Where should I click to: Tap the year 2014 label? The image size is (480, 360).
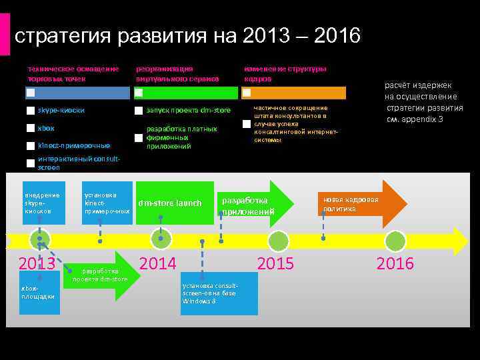(x=157, y=263)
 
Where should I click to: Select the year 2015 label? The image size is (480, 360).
(x=275, y=263)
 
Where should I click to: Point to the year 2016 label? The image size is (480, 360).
(x=395, y=263)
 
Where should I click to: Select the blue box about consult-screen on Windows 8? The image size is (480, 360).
(x=219, y=293)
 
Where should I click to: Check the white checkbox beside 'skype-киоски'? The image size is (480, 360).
(x=31, y=111)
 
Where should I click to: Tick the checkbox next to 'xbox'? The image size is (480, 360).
(x=31, y=128)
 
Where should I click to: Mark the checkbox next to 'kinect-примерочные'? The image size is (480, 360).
(x=31, y=145)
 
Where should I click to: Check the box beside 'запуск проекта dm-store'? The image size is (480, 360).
(x=139, y=111)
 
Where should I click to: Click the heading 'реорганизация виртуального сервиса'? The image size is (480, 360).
(x=177, y=73)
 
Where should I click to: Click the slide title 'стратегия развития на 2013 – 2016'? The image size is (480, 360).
(x=187, y=35)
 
